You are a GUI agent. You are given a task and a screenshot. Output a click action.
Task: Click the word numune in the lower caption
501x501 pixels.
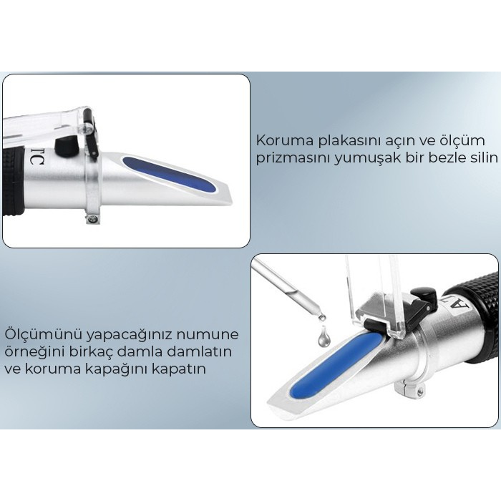(208, 334)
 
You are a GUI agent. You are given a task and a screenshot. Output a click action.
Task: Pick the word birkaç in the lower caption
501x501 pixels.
(84, 352)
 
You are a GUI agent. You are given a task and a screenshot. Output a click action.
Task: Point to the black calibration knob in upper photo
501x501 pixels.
(67, 145)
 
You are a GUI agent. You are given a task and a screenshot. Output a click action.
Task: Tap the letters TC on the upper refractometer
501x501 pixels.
(37, 159)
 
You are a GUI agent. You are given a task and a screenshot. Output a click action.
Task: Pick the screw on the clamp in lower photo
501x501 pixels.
(420, 391)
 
